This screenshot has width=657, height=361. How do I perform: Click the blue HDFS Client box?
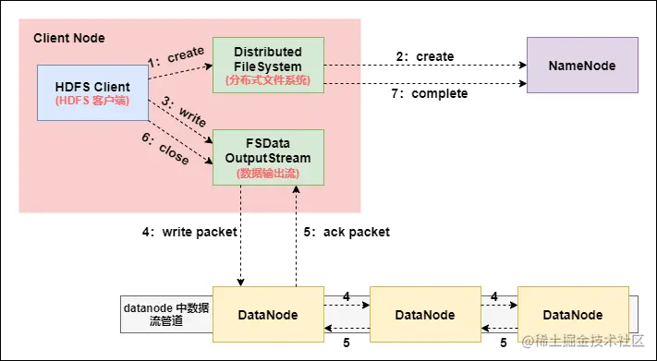[x=92, y=92]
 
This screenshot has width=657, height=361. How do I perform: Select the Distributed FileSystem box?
[x=268, y=65]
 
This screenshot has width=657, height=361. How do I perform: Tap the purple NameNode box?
[x=581, y=66]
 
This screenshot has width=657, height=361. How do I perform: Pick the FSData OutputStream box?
[x=268, y=157]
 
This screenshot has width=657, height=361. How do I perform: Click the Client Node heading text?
[x=69, y=38]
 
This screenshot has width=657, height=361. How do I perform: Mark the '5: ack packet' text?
[x=347, y=233]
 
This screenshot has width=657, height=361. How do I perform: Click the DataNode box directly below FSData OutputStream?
[x=268, y=315]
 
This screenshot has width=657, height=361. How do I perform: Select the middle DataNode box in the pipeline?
[x=425, y=315]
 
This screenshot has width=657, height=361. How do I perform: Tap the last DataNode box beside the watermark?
[x=574, y=315]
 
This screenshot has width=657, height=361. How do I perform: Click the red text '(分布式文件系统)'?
[x=268, y=80]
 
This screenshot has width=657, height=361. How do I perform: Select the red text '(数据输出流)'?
[x=268, y=173]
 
